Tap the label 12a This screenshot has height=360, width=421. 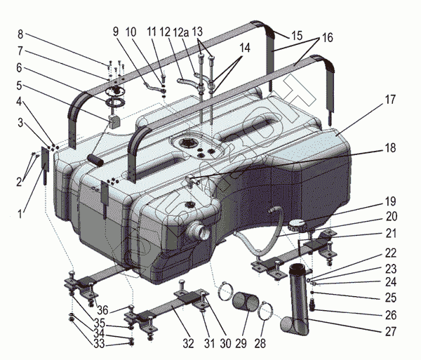click(x=181, y=33)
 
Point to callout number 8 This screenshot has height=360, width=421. click(x=20, y=34)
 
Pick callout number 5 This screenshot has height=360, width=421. click(x=20, y=87)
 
